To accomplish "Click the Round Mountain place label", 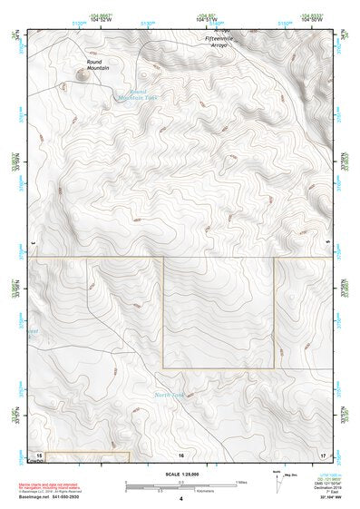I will pos(98,64).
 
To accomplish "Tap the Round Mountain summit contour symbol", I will pos(84,75).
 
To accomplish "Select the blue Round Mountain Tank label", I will pos(138,94).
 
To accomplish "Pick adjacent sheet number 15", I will pos(38,454).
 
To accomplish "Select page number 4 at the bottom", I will pos(181,499).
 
